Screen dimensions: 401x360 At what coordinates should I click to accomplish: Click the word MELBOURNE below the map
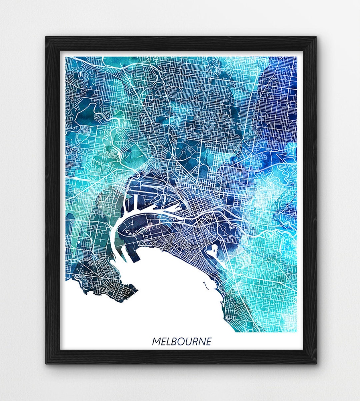point(182,341)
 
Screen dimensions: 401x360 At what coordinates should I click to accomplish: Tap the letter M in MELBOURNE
point(156,341)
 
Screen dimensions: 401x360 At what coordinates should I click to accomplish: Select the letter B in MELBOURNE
point(173,341)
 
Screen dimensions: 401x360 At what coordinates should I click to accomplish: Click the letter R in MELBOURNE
point(195,341)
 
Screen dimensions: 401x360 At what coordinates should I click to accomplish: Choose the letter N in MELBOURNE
point(202,341)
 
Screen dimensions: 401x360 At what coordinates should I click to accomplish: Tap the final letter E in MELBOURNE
point(209,341)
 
